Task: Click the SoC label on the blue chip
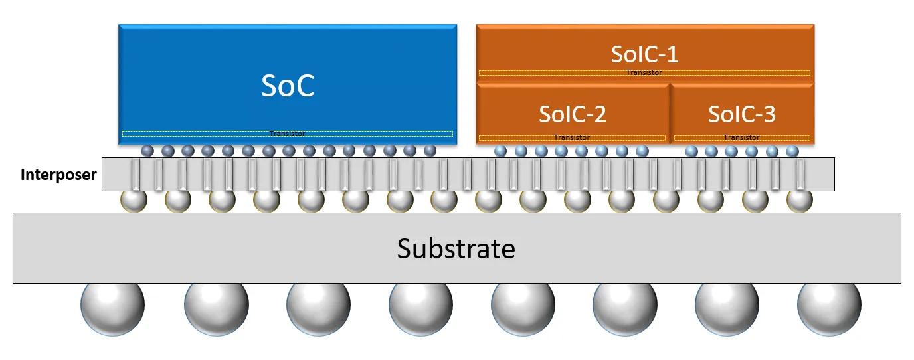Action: (x=288, y=86)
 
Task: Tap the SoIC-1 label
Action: (x=644, y=54)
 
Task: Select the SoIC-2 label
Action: (x=572, y=114)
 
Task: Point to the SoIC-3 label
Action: (x=741, y=114)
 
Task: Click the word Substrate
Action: (x=456, y=248)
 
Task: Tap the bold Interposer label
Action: (x=58, y=175)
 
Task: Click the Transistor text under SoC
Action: (x=287, y=134)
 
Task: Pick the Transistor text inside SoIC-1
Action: (x=644, y=72)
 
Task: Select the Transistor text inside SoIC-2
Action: (x=571, y=137)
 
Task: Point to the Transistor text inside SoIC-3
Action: (x=741, y=137)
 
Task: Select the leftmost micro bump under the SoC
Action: (x=147, y=151)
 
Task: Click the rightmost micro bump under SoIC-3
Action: (x=792, y=151)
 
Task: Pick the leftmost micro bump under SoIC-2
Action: (x=500, y=151)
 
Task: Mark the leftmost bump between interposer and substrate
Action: (x=133, y=199)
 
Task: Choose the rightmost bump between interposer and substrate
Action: (x=799, y=199)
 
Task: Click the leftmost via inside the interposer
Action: (x=136, y=175)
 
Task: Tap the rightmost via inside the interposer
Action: (x=799, y=175)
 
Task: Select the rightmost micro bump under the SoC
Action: (x=430, y=151)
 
